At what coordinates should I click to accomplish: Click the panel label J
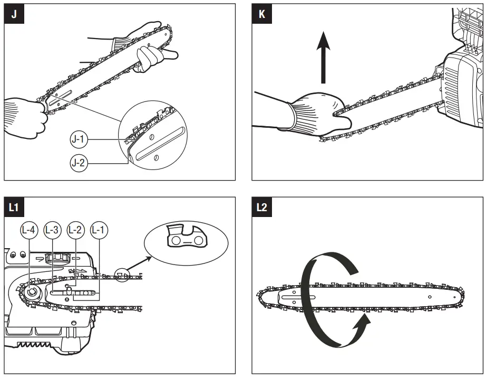14,14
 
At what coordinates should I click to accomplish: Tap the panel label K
262,14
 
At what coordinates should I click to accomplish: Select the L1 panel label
14,208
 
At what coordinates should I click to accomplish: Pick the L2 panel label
262,208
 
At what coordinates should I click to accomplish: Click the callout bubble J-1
80,140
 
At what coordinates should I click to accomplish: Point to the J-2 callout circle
80,163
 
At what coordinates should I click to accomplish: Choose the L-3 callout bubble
52,230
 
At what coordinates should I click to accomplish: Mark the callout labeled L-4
28,230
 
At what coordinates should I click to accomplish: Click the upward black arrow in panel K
323,58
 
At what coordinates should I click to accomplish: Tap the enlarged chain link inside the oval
186,236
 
